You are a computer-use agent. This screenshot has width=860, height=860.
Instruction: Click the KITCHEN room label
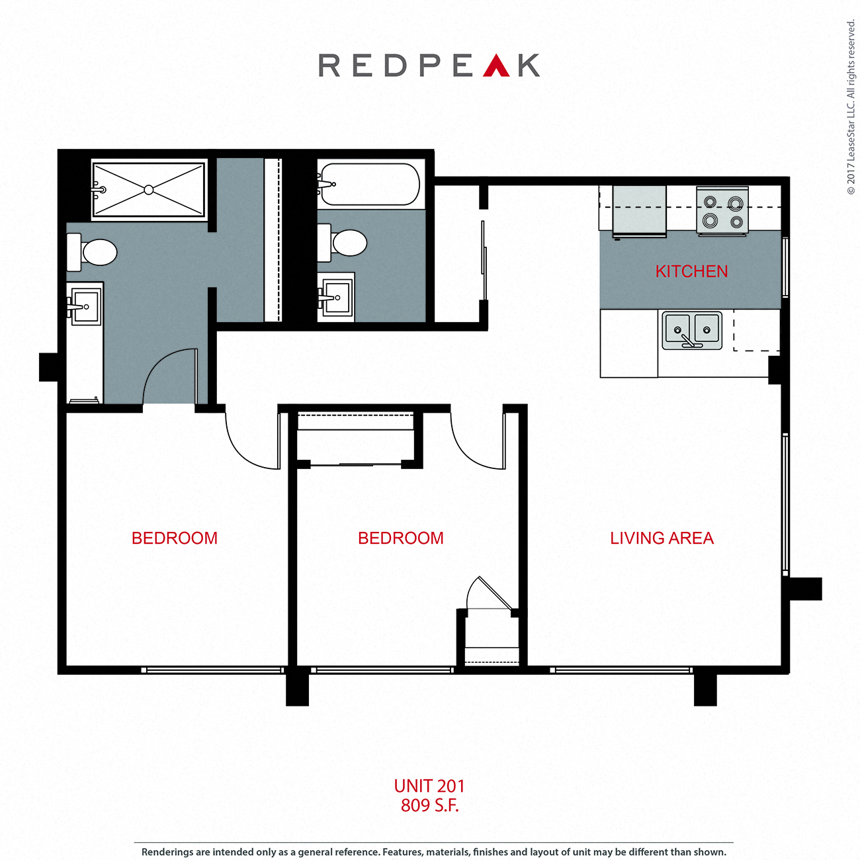click(691, 271)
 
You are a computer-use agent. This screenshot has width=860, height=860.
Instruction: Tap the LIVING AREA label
click(662, 538)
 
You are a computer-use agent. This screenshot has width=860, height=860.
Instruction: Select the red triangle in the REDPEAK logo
click(496, 66)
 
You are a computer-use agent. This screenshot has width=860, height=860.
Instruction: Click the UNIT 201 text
click(429, 786)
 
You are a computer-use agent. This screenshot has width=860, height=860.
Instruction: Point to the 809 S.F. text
click(429, 805)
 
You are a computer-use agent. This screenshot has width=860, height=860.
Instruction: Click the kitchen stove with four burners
click(722, 211)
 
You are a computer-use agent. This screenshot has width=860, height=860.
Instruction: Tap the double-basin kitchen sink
click(692, 330)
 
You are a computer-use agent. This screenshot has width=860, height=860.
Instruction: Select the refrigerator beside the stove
click(639, 210)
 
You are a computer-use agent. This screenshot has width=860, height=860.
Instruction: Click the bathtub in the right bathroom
click(369, 184)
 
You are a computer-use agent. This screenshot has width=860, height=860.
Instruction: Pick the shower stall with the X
click(149, 190)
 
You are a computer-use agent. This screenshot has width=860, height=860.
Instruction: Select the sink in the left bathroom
click(85, 307)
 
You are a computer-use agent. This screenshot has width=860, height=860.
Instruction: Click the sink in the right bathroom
click(336, 298)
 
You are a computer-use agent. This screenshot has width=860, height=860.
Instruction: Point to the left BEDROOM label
click(175, 538)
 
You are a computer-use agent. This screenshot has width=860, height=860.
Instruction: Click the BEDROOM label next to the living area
click(401, 538)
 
